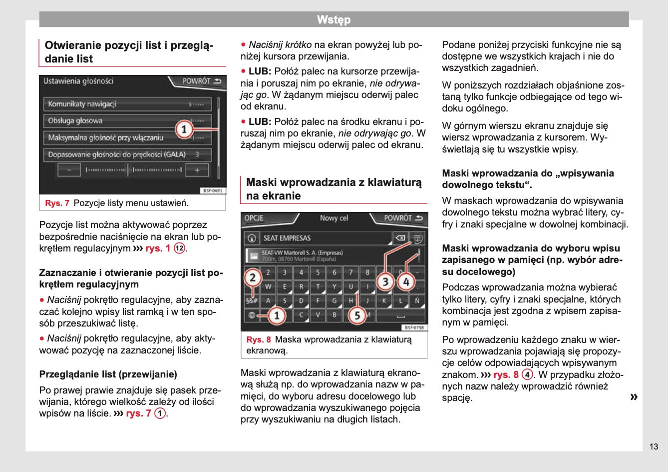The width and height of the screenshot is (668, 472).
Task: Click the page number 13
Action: [x=654, y=446]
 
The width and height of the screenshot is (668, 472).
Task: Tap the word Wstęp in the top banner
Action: [x=334, y=20]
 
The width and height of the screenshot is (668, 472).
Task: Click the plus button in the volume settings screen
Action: [x=197, y=170]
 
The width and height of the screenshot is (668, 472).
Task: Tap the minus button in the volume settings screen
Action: [x=69, y=170]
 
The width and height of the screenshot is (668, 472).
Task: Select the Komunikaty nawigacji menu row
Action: [x=127, y=104]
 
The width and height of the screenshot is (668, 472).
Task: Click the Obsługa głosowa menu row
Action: [x=127, y=120]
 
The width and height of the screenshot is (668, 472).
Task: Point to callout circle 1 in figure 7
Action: [x=184, y=129]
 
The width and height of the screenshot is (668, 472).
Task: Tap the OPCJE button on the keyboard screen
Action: [x=254, y=218]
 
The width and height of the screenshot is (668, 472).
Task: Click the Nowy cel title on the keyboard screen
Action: [x=334, y=218]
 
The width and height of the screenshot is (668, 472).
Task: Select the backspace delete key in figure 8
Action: [x=400, y=238]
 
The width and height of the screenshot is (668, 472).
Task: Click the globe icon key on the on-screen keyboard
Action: [x=252, y=315]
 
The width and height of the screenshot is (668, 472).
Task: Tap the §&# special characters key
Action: [x=252, y=300]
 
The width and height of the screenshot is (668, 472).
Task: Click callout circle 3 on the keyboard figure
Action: [x=385, y=282]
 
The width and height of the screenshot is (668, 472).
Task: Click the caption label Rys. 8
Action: [x=259, y=339]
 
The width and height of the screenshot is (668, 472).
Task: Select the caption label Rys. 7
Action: [x=57, y=203]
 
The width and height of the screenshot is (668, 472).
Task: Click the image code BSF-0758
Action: [x=414, y=327]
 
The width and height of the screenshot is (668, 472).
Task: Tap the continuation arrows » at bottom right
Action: [x=634, y=397]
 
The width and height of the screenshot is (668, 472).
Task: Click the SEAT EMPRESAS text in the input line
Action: [x=287, y=238]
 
